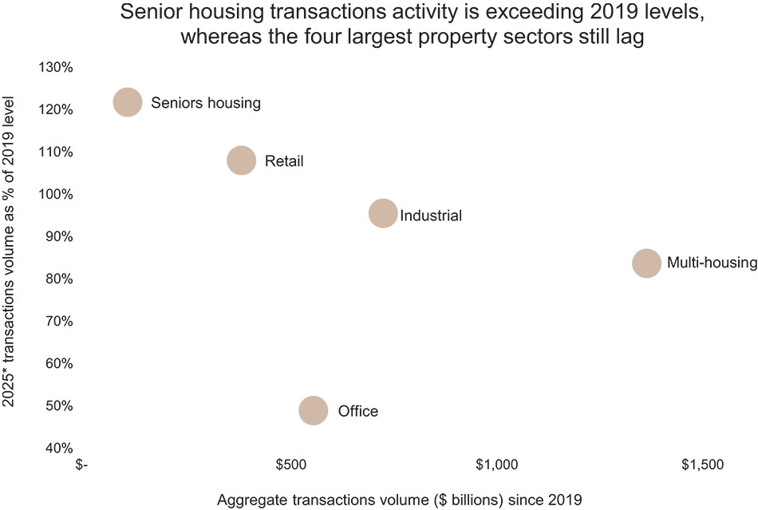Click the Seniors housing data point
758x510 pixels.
click(128, 102)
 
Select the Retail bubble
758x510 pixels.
click(242, 160)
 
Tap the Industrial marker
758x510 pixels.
click(383, 213)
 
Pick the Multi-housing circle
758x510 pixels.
click(646, 263)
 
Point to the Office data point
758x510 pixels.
click(314, 410)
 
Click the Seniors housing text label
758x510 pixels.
click(206, 103)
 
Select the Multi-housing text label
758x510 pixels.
click(712, 263)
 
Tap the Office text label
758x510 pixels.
click(357, 412)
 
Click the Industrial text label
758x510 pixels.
click(431, 215)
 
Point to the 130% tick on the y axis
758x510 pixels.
click(56, 67)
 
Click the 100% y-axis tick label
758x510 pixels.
click(56, 194)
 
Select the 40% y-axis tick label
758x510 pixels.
click(57, 448)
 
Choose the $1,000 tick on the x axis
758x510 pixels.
click(497, 465)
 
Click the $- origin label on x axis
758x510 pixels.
click(83, 465)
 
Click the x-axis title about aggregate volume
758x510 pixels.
click(405, 500)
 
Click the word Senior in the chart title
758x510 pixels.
click(151, 14)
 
